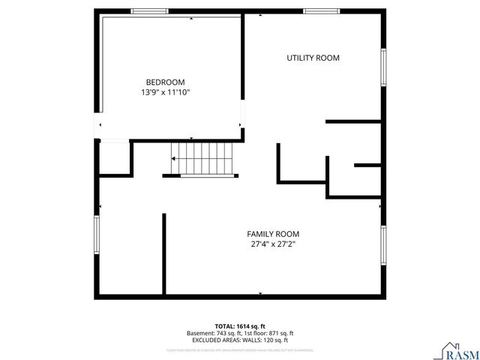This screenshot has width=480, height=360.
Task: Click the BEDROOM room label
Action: (165, 82)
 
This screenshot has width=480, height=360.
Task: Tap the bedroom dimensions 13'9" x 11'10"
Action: (165, 92)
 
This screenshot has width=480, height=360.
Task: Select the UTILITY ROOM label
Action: (313, 58)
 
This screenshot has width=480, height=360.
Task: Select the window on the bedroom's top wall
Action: (148, 10)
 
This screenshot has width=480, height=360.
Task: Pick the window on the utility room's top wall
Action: (321, 10)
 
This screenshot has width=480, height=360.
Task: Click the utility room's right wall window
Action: (382, 67)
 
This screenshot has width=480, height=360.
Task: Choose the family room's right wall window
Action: (382, 246)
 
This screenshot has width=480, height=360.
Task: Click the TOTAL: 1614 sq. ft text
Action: (239, 326)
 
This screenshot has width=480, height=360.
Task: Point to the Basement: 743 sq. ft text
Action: (212, 333)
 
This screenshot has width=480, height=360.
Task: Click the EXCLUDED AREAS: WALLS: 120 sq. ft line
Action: (239, 340)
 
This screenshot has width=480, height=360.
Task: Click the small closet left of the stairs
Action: (115, 157)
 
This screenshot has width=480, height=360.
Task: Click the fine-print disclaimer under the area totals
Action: (239, 349)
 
